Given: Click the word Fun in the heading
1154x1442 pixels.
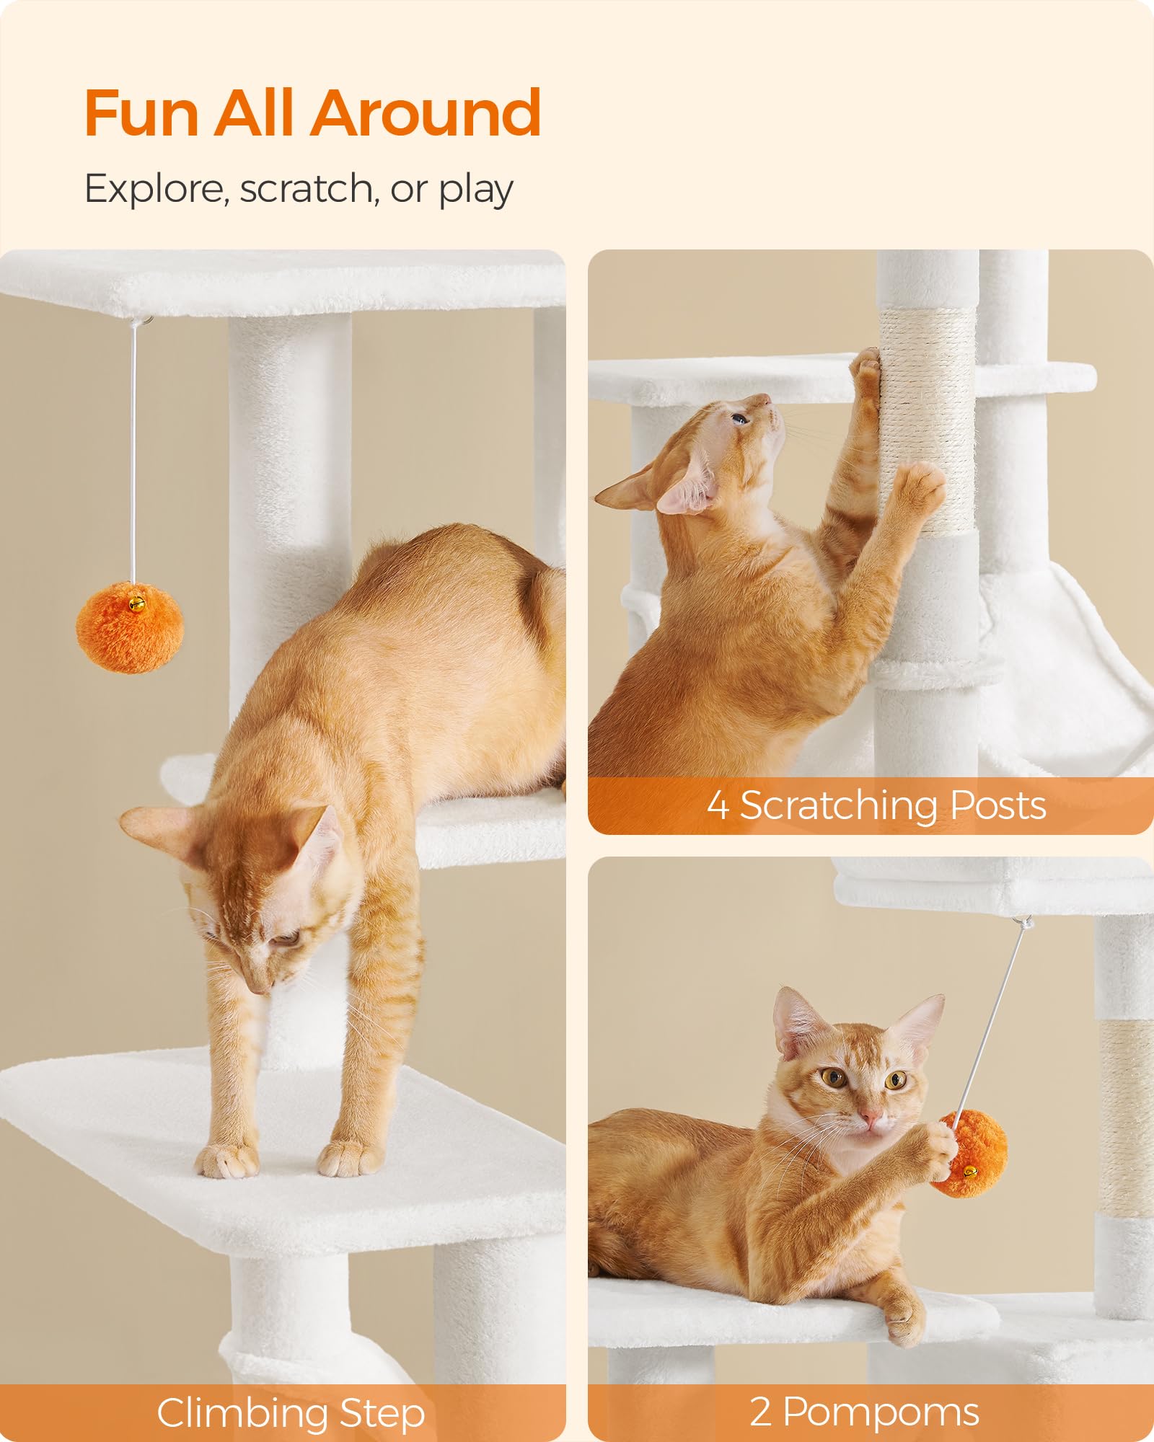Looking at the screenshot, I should click(x=141, y=113).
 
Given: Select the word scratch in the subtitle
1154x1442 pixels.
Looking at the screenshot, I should click(x=306, y=189).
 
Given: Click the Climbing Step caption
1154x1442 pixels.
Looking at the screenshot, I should click(x=291, y=1412).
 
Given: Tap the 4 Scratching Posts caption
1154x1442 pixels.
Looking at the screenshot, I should click(x=876, y=805).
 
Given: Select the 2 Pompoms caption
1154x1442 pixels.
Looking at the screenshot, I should click(x=864, y=1412).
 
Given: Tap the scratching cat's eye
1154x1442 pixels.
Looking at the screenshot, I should click(x=739, y=418).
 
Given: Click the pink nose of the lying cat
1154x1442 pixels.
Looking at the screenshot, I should click(x=872, y=1118).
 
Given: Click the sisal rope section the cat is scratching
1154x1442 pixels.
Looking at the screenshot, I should click(x=927, y=418).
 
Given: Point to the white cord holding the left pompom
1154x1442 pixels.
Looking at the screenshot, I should click(x=133, y=447).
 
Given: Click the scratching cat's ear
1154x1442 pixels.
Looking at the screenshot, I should click(x=689, y=490).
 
